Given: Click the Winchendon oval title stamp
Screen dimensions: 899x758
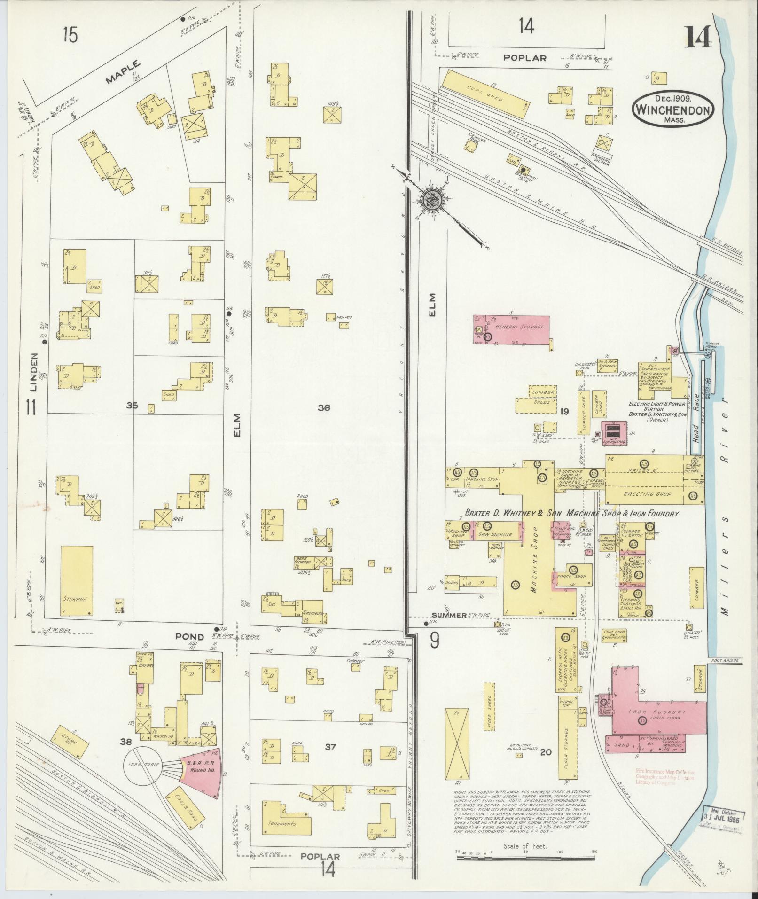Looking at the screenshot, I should point(673,109).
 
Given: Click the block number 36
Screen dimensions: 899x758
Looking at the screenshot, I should point(323,408).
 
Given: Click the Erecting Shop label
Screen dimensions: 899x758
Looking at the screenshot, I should point(649,494).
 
